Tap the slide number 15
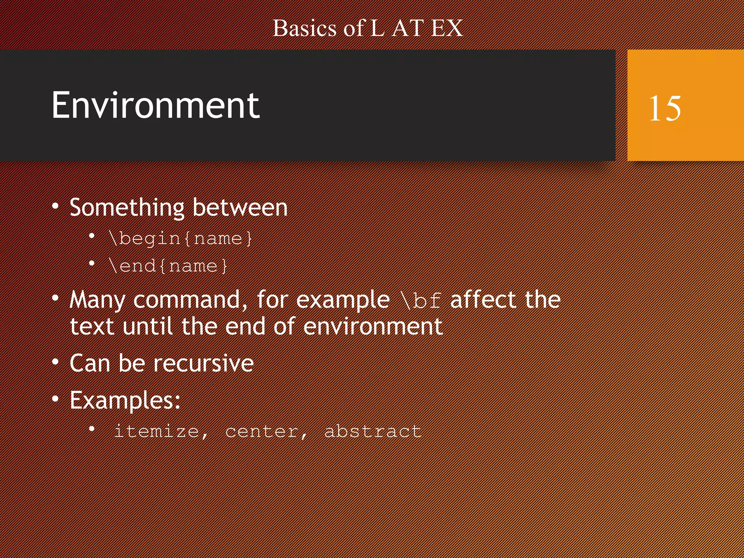pos(665,108)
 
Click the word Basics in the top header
pos(304,28)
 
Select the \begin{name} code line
pos(180,239)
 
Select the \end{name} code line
pos(168,266)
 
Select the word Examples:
pos(125,401)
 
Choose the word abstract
pos(373,432)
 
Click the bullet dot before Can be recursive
pos(55,362)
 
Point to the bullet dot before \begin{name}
pos(92,237)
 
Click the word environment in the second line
pos(373,327)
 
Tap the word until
pos(147,326)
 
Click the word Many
pos(97,300)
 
